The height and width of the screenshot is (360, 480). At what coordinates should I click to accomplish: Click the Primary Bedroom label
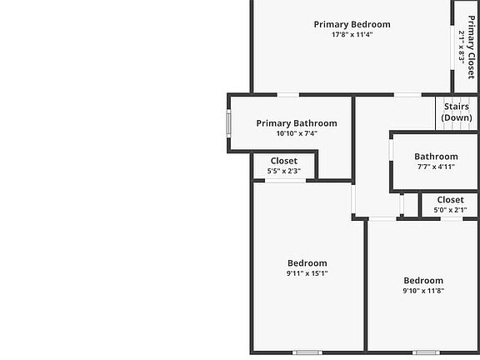(352, 24)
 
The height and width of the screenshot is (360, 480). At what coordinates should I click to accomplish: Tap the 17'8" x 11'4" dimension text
(352, 34)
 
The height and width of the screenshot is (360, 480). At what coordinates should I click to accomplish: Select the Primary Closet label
(472, 47)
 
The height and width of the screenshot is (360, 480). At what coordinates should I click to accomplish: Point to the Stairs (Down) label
(457, 112)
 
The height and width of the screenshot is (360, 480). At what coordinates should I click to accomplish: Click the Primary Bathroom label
(297, 123)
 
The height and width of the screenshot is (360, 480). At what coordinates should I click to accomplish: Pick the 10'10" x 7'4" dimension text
(297, 133)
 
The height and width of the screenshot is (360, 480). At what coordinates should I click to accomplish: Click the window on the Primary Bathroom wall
(228, 123)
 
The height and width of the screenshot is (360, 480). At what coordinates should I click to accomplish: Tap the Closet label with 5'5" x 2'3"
(284, 161)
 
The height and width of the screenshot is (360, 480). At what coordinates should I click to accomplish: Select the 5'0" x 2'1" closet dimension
(450, 210)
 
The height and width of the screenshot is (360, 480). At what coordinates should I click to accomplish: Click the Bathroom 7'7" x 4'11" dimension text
(436, 167)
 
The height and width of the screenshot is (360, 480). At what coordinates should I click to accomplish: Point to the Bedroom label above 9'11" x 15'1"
(307, 263)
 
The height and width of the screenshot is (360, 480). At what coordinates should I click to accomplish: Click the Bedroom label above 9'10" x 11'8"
(423, 281)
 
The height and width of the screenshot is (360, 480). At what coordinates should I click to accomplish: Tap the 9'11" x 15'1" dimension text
(307, 273)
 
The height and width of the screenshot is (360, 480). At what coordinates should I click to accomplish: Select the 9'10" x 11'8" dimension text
(423, 291)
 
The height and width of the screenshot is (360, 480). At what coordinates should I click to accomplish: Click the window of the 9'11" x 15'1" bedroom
(307, 352)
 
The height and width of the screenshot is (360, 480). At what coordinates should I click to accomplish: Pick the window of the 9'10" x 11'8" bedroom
(426, 352)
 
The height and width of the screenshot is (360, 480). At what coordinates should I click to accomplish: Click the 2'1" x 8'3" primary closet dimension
(462, 47)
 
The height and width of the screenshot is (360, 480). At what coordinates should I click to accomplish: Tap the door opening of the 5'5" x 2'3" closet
(285, 181)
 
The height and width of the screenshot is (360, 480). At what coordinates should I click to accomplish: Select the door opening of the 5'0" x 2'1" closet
(452, 218)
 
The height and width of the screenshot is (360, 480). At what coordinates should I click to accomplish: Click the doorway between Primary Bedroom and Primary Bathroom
(288, 95)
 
